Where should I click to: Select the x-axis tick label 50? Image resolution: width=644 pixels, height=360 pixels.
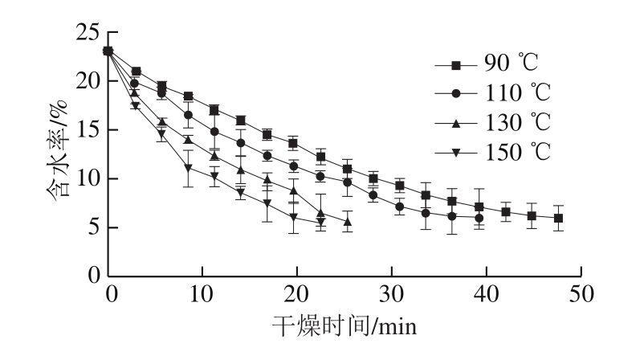click(x=580, y=294)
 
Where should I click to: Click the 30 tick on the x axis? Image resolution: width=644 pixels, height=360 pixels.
click(x=393, y=294)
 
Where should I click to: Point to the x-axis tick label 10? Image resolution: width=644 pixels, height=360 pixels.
click(x=205, y=294)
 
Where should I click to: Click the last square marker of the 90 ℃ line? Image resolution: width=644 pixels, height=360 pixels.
click(x=559, y=218)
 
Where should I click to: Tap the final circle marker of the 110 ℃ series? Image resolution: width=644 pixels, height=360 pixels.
click(x=479, y=218)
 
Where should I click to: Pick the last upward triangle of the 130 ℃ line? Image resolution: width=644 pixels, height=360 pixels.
click(x=347, y=223)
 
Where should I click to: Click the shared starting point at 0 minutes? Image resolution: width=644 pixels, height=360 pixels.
click(x=108, y=51)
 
